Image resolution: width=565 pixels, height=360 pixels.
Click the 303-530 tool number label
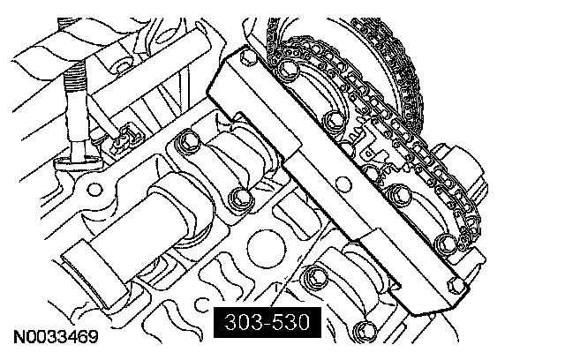tap(267, 322)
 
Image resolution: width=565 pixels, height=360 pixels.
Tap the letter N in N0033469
tap(19, 337)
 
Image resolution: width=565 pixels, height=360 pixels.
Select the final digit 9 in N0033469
tap(93, 337)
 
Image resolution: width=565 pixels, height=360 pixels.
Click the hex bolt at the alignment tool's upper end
tap(248, 57)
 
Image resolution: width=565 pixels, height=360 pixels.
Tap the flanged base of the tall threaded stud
tap(77, 162)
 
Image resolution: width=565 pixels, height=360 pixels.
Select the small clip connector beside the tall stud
tap(126, 138)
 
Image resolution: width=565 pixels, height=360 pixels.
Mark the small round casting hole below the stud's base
tap(94, 189)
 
